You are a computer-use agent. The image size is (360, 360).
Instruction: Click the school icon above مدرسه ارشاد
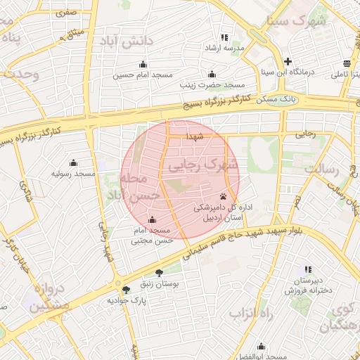pos(224,37)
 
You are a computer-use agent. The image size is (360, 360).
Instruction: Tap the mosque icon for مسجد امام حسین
pos(143,64)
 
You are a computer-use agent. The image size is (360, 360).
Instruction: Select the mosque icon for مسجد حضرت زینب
pos(212,75)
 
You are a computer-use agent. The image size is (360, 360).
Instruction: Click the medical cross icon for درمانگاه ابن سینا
pos(288,61)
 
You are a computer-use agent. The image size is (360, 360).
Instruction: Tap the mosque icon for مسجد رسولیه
pos(73,163)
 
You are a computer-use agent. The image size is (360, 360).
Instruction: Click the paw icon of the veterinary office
pos(224,196)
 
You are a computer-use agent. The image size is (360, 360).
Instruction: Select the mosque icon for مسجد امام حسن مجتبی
pos(152,219)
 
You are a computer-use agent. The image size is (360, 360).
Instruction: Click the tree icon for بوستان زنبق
pos(158,274)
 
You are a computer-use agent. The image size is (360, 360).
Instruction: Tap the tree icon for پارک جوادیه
pos(126,290)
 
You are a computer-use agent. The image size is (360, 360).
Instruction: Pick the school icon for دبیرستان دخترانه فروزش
pos(307,269)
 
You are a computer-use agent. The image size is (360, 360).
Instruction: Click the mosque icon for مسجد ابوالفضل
pos(262,347)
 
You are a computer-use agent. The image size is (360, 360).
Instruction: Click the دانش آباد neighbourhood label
pos(128,41)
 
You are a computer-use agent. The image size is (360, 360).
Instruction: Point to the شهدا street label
pos(195,136)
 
